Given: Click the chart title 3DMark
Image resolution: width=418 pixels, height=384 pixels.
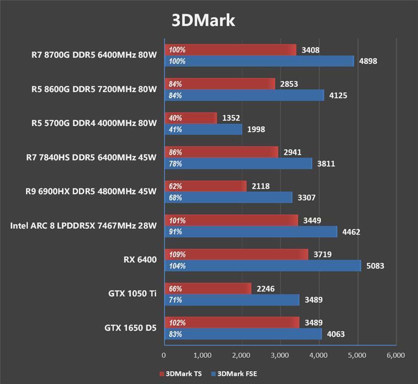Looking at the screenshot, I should (204, 20).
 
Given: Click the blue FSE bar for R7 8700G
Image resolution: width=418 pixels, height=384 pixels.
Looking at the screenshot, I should (259, 61).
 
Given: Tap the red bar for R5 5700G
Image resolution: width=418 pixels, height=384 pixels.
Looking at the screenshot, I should (191, 118).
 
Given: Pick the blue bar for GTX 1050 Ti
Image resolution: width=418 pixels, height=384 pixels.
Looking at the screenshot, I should (232, 300).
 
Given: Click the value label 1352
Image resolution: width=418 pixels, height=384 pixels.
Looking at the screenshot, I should (231, 118).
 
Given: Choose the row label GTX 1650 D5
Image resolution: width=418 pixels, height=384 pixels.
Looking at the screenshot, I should (130, 328).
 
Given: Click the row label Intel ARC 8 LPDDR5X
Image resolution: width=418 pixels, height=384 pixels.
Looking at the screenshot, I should (83, 226).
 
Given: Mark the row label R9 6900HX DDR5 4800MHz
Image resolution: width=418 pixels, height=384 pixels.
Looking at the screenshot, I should (90, 191).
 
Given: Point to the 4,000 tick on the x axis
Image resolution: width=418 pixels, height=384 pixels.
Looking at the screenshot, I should (318, 355).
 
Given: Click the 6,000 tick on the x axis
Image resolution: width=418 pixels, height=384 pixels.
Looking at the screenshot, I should (396, 355).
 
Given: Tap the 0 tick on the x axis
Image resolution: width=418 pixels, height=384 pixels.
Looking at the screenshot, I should (164, 355).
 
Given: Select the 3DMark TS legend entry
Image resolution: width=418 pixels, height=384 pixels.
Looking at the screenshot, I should (181, 374).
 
